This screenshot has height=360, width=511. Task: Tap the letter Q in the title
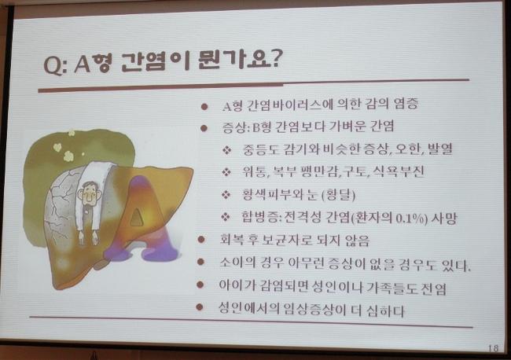point(53,64)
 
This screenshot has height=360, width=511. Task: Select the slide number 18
point(494,348)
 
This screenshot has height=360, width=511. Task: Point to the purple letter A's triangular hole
point(137,217)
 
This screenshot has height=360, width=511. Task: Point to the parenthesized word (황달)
point(338,194)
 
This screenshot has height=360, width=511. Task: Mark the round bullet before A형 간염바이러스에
point(204,107)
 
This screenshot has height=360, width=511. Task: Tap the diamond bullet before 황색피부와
point(226,194)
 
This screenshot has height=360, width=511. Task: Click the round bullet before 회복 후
point(201,240)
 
